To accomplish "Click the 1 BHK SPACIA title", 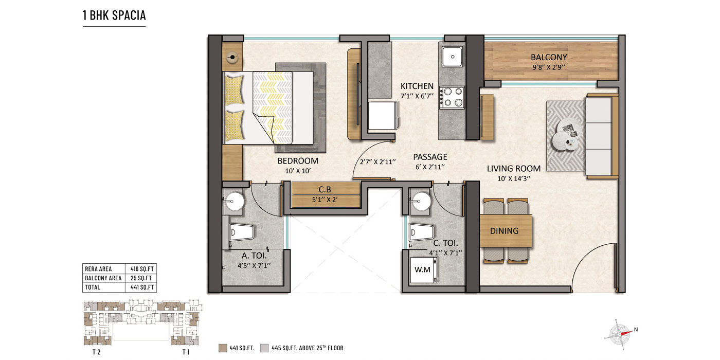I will [x=114, y=15].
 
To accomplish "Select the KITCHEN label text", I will [x=417, y=86].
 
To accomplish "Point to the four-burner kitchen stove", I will [x=452, y=97].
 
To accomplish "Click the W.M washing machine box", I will [x=424, y=269].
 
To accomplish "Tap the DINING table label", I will [x=504, y=231].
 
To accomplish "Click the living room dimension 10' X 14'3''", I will [x=513, y=178].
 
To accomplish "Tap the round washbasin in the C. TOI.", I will [x=422, y=201].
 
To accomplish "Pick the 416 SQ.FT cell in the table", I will [x=140, y=268].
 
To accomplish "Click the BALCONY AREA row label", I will [x=103, y=278].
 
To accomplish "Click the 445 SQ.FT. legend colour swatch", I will [x=265, y=348].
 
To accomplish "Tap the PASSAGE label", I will [x=431, y=157].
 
